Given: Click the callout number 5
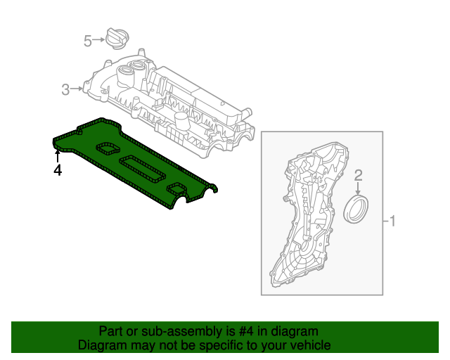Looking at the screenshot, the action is (88, 41).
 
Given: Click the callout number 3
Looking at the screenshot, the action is (65, 89).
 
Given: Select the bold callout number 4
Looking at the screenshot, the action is (58, 170).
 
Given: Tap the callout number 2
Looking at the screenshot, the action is (358, 174).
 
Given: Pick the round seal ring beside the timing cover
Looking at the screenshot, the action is (359, 211).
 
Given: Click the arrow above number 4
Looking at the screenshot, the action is (58, 155).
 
